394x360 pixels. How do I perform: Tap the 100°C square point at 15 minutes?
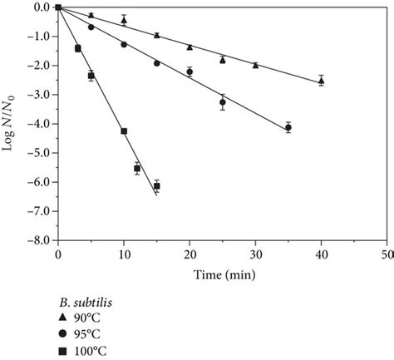coord(156,185)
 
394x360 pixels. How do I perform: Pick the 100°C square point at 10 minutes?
coord(124,131)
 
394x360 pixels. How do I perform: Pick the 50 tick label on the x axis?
coord(386,253)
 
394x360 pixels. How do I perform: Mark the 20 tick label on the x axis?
coord(189,253)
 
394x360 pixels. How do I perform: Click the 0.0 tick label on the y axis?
coord(38,7)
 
